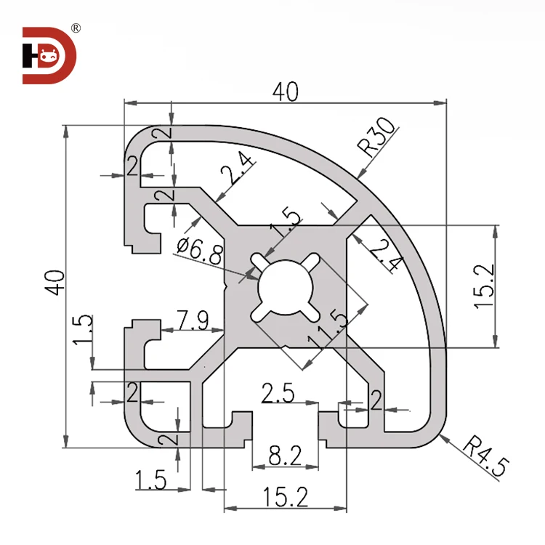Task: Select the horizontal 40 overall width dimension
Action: pos(285,92)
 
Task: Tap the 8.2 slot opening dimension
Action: pos(285,456)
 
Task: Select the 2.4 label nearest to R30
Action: pos(383,254)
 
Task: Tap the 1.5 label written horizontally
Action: pos(151,480)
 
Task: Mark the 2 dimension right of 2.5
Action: pos(376,400)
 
